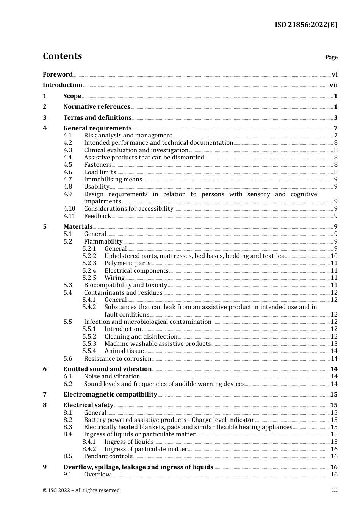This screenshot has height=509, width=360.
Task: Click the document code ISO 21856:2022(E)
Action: pyautogui.click(x=306, y=25)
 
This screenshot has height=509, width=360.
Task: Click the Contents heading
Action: pyautogui.click(x=62, y=56)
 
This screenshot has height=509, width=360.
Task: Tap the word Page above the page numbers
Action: pyautogui.click(x=331, y=57)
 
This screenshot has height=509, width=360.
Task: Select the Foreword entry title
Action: pyautogui.click(x=58, y=75)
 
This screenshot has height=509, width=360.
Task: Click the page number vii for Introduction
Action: pyautogui.click(x=333, y=85)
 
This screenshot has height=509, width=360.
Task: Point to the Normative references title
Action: pyautogui.click(x=97, y=107)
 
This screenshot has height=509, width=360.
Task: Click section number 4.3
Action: pyautogui.click(x=67, y=150)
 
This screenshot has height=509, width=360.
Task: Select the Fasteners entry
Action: pyautogui.click(x=98, y=165)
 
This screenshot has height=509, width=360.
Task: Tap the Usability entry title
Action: pyautogui.click(x=97, y=187)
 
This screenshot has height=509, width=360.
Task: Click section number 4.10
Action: pyautogui.click(x=69, y=209)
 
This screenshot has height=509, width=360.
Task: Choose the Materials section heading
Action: pyautogui.click(x=78, y=227)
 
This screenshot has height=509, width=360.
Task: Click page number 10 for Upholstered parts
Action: pyautogui.click(x=334, y=256)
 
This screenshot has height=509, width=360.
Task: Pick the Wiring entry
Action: pyautogui.click(x=114, y=278)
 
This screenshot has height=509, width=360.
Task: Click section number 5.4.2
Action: pyautogui.click(x=89, y=307)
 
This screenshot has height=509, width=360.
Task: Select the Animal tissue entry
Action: pyautogui.click(x=124, y=351)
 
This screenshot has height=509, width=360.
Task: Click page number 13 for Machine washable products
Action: pyautogui.click(x=334, y=344)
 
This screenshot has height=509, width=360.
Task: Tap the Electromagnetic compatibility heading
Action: pyautogui.click(x=110, y=395)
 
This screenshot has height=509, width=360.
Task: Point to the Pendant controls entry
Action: pyautogui.click(x=108, y=456)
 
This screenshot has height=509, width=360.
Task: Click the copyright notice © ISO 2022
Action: pyautogui.click(x=81, y=490)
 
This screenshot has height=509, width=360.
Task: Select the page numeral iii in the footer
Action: pyautogui.click(x=335, y=490)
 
